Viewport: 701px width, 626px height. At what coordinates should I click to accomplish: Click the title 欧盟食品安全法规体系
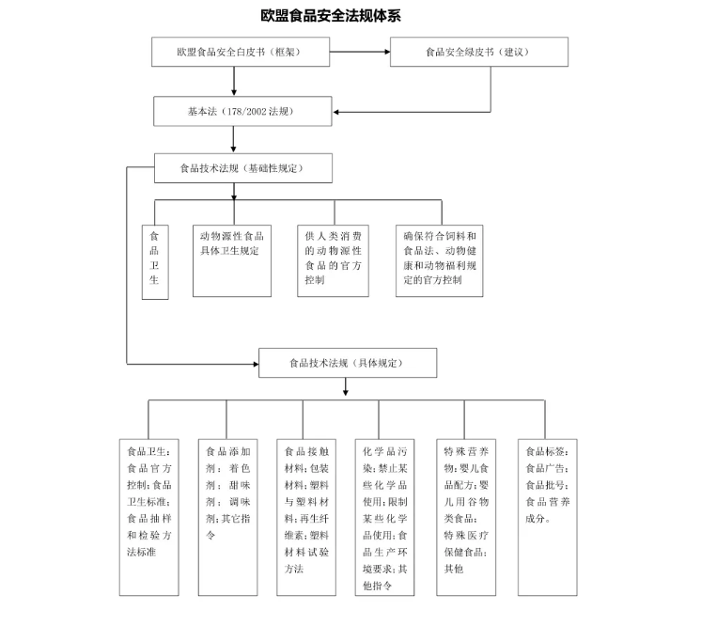[331, 16]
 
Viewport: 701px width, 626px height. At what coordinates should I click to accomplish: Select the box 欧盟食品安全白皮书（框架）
[241, 52]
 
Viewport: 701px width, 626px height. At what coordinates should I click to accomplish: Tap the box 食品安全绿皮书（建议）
[479, 52]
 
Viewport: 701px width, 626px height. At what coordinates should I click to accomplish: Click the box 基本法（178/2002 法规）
[242, 111]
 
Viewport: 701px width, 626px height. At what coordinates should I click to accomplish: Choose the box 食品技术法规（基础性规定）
[243, 168]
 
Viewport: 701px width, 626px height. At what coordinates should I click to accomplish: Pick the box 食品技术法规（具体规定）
[348, 363]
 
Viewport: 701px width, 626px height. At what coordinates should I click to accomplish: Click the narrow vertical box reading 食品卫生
[155, 262]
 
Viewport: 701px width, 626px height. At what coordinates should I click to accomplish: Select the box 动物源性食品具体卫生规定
[232, 260]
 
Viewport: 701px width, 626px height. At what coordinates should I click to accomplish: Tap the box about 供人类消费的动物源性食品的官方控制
[333, 260]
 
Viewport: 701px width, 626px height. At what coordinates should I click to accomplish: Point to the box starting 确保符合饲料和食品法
[440, 260]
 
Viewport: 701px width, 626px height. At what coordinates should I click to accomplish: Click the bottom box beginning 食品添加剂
[228, 517]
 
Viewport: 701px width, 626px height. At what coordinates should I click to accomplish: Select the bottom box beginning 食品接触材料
[306, 517]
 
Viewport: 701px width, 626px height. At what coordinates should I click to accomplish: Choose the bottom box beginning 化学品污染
[385, 517]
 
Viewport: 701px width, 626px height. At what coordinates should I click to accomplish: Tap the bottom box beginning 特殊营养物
[466, 517]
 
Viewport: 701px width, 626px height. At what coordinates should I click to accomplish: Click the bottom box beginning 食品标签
[548, 517]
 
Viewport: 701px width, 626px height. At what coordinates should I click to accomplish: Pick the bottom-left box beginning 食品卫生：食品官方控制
[148, 517]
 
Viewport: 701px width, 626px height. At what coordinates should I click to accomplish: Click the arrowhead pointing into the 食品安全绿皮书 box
[387, 52]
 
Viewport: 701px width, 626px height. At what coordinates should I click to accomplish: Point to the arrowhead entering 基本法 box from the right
[336, 112]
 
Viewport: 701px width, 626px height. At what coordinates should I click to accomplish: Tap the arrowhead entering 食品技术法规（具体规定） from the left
[256, 364]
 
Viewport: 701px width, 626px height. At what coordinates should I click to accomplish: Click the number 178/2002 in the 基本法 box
[247, 111]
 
